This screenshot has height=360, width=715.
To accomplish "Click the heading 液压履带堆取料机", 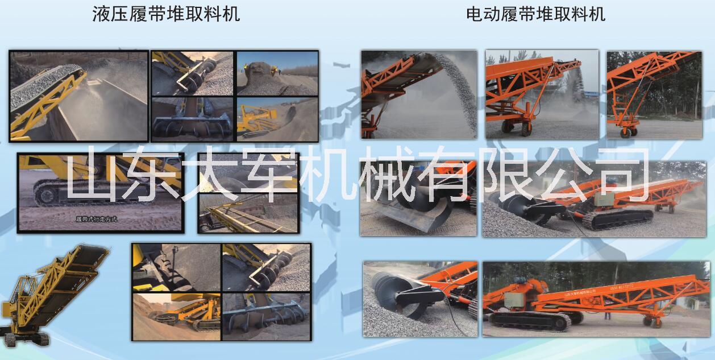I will (166, 14).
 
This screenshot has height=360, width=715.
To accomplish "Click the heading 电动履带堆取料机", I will (535, 14).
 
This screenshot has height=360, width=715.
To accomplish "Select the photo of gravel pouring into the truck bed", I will (78, 96).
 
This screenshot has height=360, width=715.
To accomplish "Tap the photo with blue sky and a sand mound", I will (277, 73).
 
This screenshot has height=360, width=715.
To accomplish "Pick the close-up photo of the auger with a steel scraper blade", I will (418, 199).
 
